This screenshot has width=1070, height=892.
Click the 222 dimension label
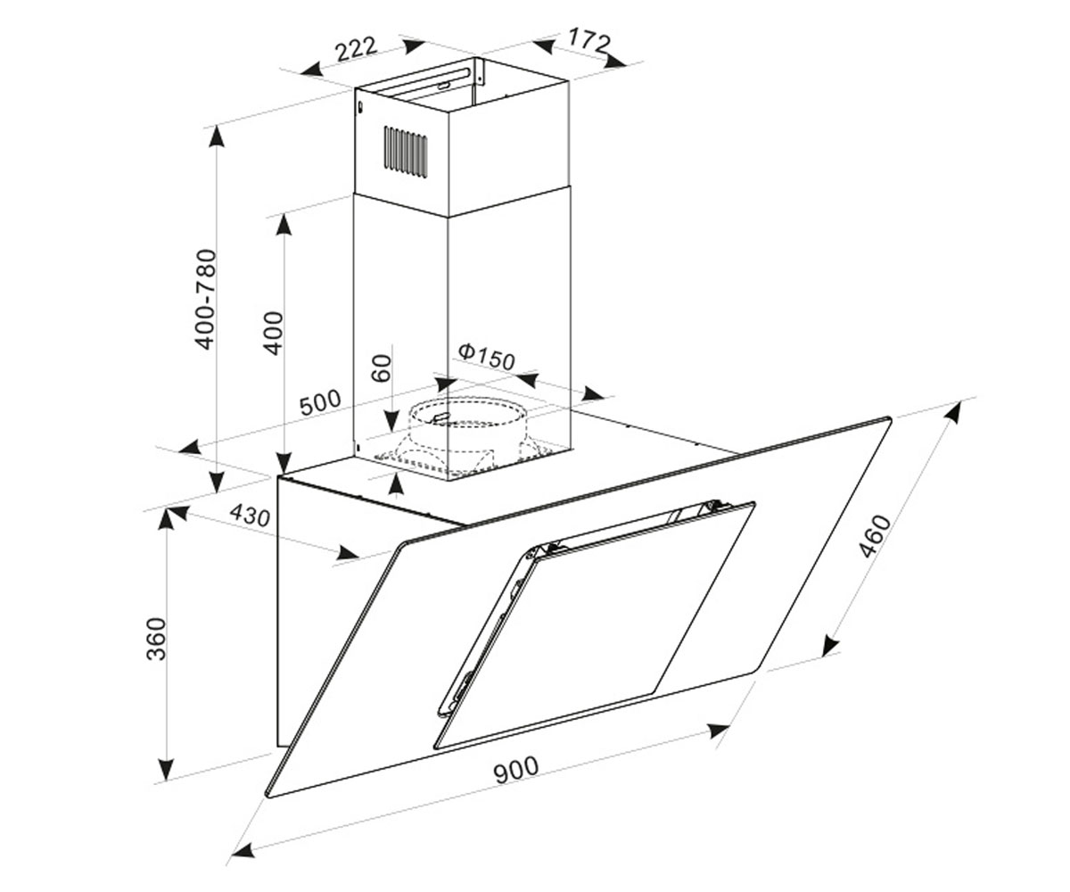(356, 49)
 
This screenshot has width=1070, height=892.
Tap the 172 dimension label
(589, 39)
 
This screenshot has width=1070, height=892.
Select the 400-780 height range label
(207, 300)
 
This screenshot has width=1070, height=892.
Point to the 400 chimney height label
(273, 334)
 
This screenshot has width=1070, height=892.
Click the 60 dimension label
(382, 368)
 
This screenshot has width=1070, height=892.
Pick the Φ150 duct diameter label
(486, 357)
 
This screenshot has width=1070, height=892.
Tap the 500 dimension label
(320, 402)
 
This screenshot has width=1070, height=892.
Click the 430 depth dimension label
(250, 516)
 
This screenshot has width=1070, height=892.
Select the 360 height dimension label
(157, 639)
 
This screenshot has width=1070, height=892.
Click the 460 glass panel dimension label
(875, 536)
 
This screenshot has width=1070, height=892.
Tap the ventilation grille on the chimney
(406, 153)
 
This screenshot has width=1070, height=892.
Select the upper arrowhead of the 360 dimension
(165, 519)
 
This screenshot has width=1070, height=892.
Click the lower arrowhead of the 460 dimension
(829, 645)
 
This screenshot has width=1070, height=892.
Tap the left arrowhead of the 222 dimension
(311, 68)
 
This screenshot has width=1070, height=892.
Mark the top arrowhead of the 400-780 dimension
(218, 136)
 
